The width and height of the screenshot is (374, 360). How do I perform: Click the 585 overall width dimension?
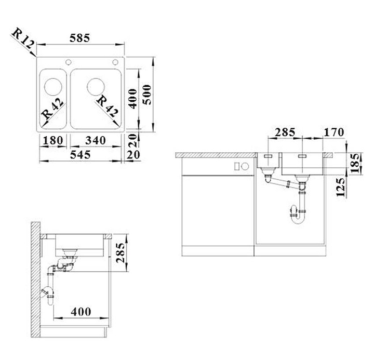[x=80, y=38]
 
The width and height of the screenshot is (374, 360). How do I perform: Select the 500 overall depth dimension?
[x=148, y=95]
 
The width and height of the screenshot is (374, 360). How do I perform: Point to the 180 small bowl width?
[x=53, y=140]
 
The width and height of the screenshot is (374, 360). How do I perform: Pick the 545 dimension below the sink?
[x=81, y=154]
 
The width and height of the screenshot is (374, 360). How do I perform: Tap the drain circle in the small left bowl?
[x=53, y=86]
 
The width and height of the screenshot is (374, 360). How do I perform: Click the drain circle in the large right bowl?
[x=97, y=86]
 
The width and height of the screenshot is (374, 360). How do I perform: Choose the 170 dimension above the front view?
[x=333, y=132]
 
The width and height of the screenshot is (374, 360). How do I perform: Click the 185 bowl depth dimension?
[x=355, y=163]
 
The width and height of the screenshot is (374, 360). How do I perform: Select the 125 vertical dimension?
[x=340, y=187]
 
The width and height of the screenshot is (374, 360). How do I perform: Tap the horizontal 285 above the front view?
[x=285, y=132]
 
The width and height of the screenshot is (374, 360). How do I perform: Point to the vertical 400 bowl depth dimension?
[x=133, y=99]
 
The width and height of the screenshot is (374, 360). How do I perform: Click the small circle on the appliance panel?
[x=237, y=167]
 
